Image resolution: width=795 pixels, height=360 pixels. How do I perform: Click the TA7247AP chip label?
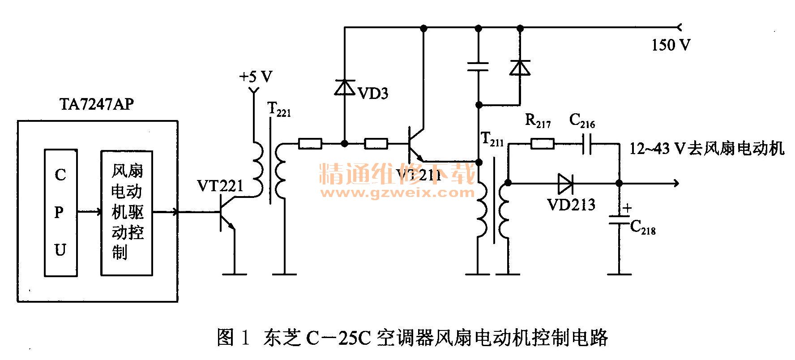tap(96, 105)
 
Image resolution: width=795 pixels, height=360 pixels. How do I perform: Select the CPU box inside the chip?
tap(60, 212)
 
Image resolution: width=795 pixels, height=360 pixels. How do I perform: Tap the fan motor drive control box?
tap(127, 212)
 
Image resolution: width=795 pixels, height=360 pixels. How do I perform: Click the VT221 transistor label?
tap(220, 185)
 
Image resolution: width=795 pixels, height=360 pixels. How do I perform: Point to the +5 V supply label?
tap(256, 77)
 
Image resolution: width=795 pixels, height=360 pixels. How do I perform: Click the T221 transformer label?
tap(278, 109)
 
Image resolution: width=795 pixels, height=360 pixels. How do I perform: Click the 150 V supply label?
tap(670, 45)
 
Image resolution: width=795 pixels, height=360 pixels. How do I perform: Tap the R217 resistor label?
tap(537, 121)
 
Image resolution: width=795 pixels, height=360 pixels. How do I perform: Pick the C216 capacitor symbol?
tap(587, 144)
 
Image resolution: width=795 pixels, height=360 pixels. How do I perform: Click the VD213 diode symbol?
tap(566, 183)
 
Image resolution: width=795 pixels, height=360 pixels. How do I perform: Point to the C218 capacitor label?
tap(643, 227)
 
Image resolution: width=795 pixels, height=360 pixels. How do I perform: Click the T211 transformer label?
tap(492, 139)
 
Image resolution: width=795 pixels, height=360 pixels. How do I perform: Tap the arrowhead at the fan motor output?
tap(675, 183)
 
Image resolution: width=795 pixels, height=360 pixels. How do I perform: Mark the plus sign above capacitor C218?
tap(627, 208)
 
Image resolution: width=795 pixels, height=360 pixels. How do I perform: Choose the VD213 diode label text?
tap(571, 204)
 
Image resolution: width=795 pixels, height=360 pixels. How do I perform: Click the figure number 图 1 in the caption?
tap(232, 337)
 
